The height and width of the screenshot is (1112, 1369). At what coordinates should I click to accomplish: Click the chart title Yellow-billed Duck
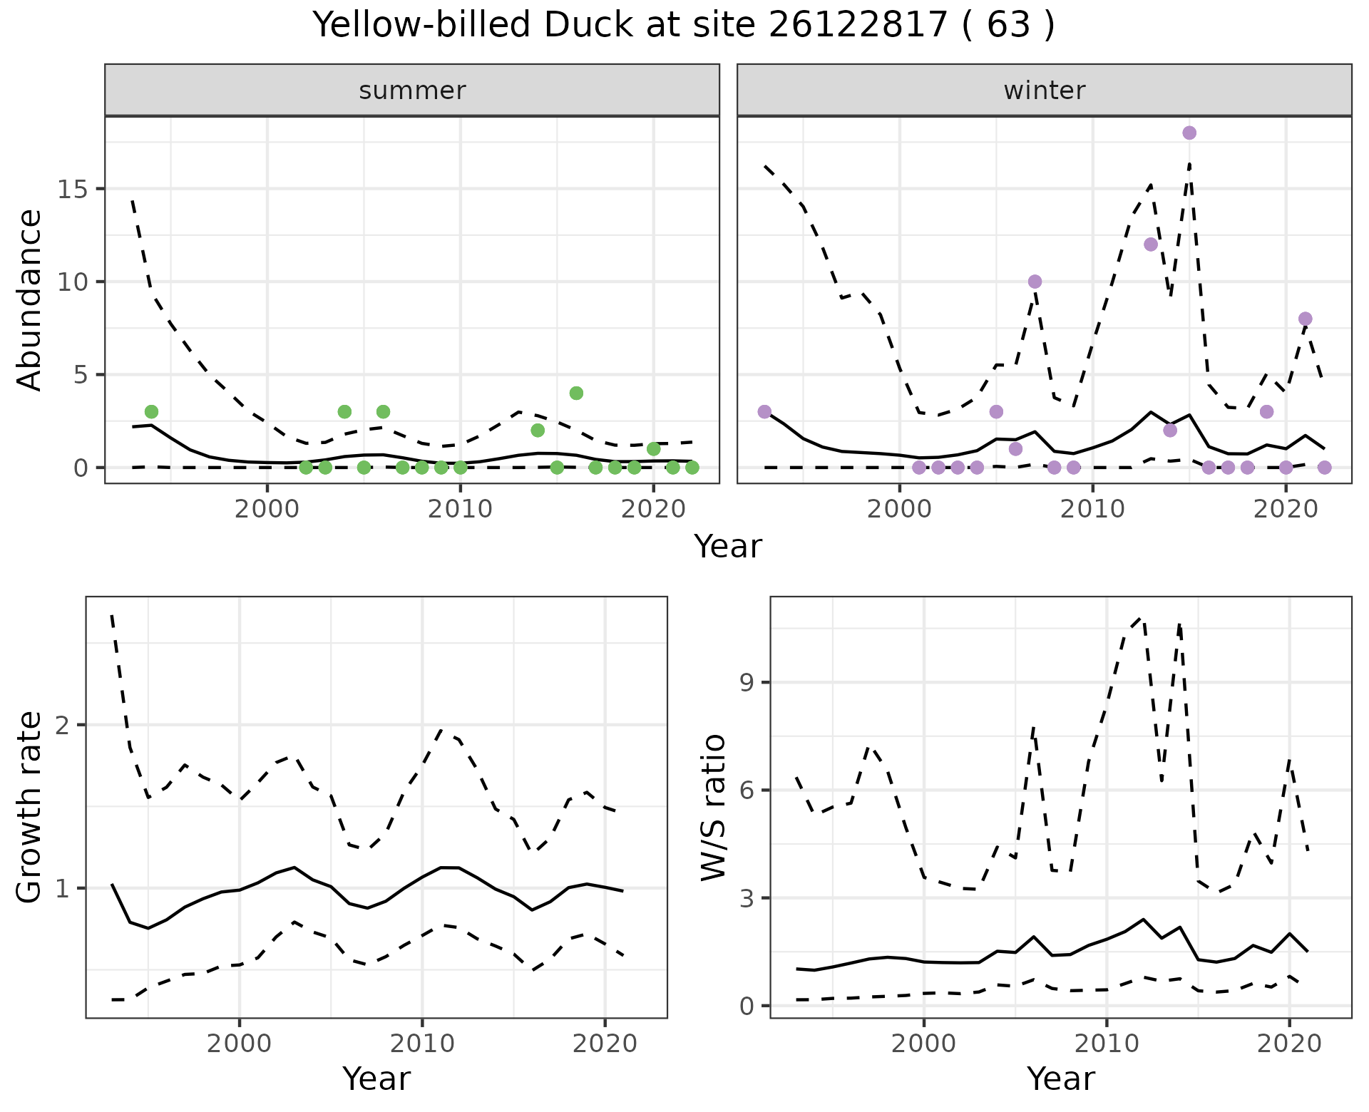tap(684, 26)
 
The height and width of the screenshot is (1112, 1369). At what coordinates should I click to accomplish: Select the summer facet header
tap(412, 91)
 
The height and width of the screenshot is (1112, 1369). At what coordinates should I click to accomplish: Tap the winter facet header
tap(1044, 91)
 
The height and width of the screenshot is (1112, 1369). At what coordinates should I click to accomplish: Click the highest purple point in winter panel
tap(1189, 133)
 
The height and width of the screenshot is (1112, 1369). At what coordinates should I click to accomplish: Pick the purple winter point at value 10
tap(1035, 282)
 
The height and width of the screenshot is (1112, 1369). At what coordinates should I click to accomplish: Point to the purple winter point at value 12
tap(1151, 244)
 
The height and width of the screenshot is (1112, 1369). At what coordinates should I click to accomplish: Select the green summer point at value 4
tap(577, 393)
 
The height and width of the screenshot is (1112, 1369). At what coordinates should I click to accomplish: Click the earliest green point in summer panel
tap(151, 412)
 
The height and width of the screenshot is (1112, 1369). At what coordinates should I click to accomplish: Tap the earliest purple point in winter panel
tap(764, 412)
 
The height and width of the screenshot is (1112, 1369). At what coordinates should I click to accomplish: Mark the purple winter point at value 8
tap(1306, 319)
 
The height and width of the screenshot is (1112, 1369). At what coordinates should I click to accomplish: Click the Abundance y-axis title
tap(30, 299)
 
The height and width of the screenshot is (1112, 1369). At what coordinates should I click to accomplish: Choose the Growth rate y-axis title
tap(30, 807)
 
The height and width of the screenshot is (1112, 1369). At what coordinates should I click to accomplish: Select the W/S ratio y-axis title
tap(714, 807)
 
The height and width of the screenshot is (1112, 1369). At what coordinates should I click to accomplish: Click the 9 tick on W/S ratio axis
tap(748, 683)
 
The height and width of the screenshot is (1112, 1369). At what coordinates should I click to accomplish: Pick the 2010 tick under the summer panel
tap(460, 509)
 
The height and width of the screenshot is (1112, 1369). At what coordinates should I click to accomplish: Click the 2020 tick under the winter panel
tap(1286, 509)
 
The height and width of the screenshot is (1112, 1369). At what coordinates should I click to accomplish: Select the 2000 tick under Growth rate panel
tap(240, 1044)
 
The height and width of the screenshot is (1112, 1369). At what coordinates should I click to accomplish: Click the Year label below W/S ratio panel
tap(1060, 1079)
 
